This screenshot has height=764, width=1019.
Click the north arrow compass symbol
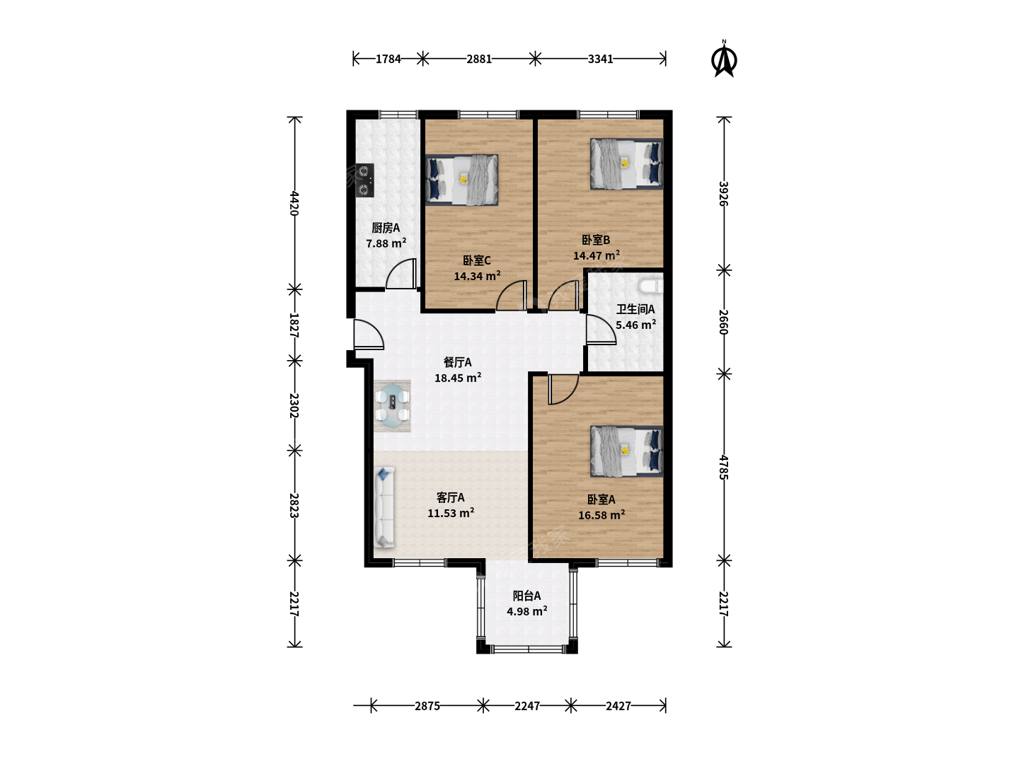pos(724,60)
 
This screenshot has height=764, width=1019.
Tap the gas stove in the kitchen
pos(365,180)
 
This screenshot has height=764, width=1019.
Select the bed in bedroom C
pos(462,180)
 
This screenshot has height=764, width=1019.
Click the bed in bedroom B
pos(626,163)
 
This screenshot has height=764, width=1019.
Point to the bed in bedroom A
pos(626,451)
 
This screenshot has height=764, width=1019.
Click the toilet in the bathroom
pos(651,286)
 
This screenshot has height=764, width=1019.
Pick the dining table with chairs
pos(393,406)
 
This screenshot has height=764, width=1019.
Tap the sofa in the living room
pos(384,507)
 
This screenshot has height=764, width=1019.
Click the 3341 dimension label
pos(600,59)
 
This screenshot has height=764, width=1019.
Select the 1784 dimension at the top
pos(388,59)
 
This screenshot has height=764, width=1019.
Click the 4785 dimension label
pos(723,467)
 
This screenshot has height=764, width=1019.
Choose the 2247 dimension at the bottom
pos(527,706)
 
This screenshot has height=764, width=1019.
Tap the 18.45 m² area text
pos(458,378)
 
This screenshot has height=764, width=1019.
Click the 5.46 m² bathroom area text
pos(635,324)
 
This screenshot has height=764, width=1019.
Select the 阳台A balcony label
pos(527,596)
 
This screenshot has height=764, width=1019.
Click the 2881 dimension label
pos(479,59)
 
